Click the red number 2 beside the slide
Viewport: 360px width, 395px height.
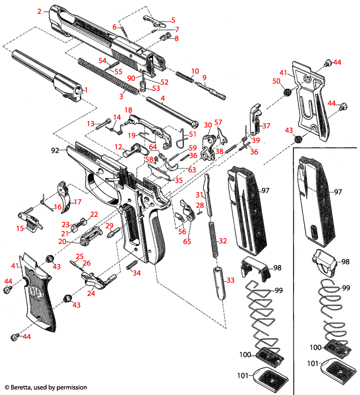point(39,11)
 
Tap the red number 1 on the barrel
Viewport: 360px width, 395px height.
point(86,89)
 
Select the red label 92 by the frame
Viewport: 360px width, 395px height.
point(55,149)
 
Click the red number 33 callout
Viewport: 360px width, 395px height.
point(230,281)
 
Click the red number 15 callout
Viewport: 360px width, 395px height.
point(20,228)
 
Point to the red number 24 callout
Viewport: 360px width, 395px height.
point(91,294)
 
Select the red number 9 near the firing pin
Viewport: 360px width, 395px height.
point(204,77)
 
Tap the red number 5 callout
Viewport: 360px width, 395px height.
point(173,20)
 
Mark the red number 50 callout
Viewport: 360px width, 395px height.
point(276,81)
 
